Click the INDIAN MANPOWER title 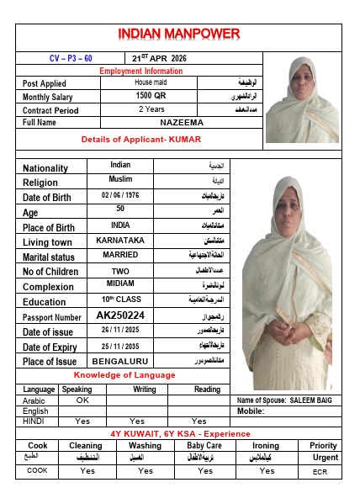pyautogui.click(x=178, y=35)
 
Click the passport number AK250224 pyautogui.click(x=122, y=316)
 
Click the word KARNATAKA pyautogui.click(x=121, y=241)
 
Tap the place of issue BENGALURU pyautogui.click(x=120, y=361)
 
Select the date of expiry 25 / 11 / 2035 pyautogui.click(x=121, y=346)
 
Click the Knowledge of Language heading pyautogui.click(x=124, y=374)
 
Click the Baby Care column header pyautogui.click(x=204, y=446)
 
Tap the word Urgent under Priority pyautogui.click(x=324, y=458)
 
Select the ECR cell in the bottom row pyautogui.click(x=324, y=471)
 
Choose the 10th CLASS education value pyautogui.click(x=120, y=300)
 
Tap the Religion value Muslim pyautogui.click(x=120, y=179)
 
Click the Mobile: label pyautogui.click(x=251, y=411)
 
